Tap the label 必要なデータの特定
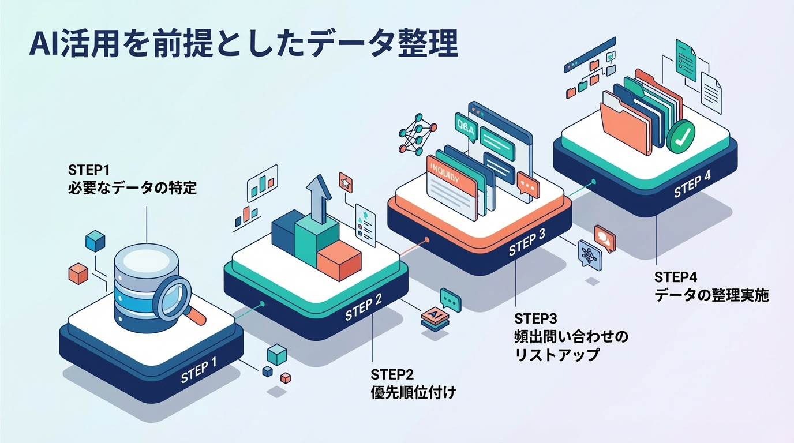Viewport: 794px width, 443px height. click(x=132, y=188)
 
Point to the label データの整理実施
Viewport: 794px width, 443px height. click(x=711, y=295)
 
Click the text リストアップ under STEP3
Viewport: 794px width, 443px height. click(x=557, y=354)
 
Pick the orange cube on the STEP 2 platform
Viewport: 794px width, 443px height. click(x=339, y=258)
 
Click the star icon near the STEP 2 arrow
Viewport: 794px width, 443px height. click(x=345, y=182)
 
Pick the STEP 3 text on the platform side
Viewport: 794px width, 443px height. click(x=527, y=245)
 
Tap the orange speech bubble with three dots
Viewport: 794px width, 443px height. click(x=527, y=185)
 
